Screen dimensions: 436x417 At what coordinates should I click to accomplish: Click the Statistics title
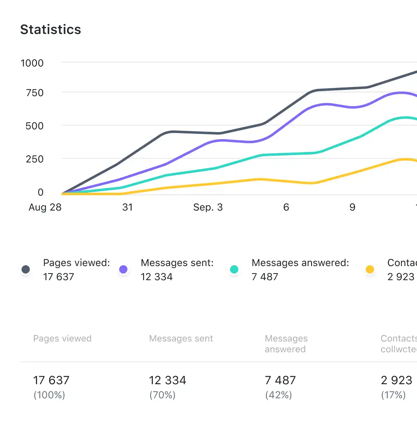pos(50,29)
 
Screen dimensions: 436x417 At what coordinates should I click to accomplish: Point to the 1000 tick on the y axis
pos(32,63)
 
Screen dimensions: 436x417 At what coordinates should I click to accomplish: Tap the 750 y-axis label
pos(34,93)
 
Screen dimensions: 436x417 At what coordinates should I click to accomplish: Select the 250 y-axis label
pos(34,159)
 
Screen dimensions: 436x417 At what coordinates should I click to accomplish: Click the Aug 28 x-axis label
pos(45,207)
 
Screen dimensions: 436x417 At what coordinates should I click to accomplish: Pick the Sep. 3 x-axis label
pos(208,207)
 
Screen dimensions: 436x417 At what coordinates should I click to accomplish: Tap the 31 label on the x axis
pos(127,207)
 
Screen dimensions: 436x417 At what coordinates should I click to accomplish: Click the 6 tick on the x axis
pos(286,207)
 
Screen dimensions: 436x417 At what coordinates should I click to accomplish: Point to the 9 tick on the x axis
pos(352,207)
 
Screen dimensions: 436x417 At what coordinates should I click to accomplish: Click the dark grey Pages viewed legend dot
pos(26,270)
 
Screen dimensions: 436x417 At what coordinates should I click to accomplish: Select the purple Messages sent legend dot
pos(123,270)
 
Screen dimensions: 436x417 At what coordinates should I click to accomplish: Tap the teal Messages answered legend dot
pos(234,270)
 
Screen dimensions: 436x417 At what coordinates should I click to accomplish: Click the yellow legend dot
pos(370,270)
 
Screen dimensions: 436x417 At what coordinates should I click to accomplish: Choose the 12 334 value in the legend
pos(156,277)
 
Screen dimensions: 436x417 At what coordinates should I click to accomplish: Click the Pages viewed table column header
pos(62,339)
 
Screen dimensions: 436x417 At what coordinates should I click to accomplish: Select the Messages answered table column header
pos(286,344)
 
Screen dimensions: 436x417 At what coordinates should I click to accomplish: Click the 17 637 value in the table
pos(51,380)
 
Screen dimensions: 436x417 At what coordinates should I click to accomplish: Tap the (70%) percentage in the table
pos(162,395)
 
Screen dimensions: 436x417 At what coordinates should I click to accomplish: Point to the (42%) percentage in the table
pos(278,395)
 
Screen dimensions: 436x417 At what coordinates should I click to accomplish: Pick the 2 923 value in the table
pos(396,380)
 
